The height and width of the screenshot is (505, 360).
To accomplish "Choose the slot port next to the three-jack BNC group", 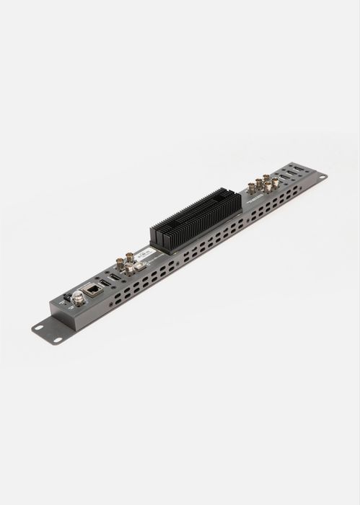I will pyautogui.click(x=115, y=276).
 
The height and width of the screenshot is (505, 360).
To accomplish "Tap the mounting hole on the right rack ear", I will pyautogui.click(x=320, y=176).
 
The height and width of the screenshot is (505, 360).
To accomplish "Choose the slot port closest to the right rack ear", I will pyautogui.click(x=296, y=170).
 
